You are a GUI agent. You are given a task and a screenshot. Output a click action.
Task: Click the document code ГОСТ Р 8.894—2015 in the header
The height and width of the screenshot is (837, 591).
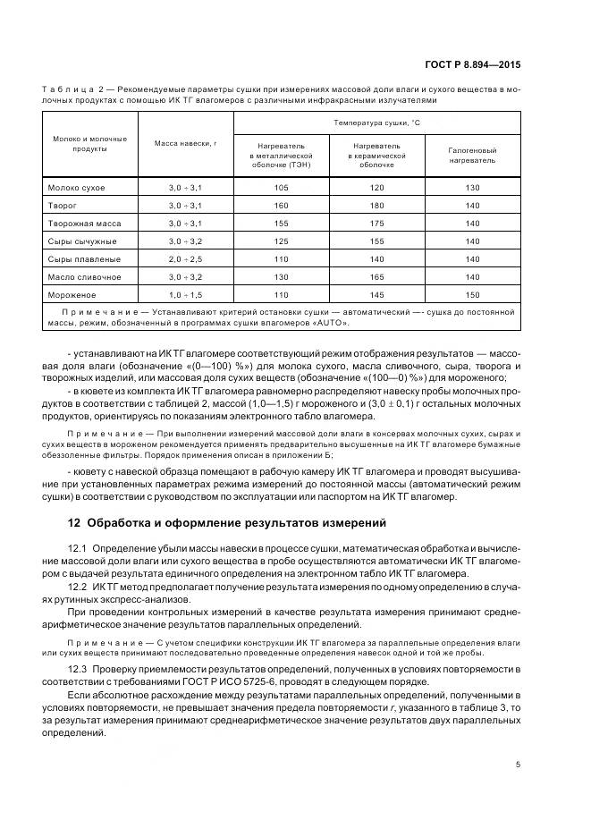(x=471, y=64)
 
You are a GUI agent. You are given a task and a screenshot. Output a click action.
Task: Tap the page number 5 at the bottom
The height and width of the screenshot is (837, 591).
(x=519, y=764)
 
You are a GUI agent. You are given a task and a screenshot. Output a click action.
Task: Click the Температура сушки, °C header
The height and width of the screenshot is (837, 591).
(x=376, y=121)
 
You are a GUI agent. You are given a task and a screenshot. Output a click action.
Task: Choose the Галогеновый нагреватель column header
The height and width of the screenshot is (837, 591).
(x=472, y=156)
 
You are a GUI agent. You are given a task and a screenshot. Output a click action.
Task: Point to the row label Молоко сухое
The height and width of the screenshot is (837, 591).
(x=76, y=188)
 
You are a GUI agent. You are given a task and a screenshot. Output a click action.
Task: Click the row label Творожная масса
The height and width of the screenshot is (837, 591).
(x=83, y=223)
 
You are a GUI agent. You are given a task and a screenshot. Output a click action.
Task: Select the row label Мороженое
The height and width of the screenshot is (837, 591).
(x=72, y=294)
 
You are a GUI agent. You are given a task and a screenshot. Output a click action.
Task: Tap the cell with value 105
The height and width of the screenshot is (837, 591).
(x=281, y=188)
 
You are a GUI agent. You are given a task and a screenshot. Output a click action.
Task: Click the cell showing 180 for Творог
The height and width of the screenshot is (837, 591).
(x=376, y=206)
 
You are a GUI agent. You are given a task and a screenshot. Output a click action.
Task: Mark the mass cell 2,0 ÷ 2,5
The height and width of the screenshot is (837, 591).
(x=186, y=258)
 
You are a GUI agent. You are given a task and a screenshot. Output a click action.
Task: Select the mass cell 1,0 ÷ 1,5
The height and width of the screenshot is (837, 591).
(x=186, y=294)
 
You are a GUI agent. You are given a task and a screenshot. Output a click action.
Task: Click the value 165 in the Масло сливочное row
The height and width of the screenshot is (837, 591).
(x=376, y=276)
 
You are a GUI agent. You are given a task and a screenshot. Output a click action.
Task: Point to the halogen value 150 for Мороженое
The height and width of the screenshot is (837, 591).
(x=472, y=294)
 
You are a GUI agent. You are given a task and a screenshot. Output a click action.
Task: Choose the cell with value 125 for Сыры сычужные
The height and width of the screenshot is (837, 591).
(x=281, y=241)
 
